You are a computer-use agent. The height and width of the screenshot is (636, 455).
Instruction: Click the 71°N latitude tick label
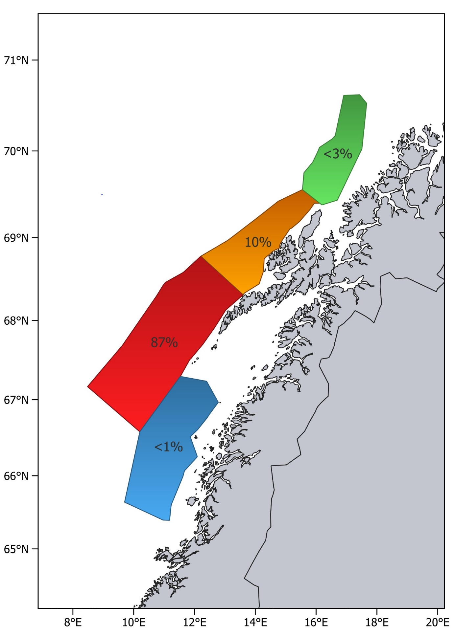16,60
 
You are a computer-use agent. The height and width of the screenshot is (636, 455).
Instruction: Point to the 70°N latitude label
16,151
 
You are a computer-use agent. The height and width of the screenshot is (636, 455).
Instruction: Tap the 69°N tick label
16,238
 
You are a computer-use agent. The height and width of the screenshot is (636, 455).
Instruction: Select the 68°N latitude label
16,320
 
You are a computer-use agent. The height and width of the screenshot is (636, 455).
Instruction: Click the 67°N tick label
16,400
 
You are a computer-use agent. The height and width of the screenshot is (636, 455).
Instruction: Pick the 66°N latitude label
16,476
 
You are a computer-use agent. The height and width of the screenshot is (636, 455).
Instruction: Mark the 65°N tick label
16,549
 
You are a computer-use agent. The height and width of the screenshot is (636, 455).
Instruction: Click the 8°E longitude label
73,622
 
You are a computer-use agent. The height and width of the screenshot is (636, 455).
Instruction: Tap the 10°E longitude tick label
133,622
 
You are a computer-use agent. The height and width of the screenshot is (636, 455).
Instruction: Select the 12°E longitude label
195,622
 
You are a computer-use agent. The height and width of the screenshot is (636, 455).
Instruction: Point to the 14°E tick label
255,622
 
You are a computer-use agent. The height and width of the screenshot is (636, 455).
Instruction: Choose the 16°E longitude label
316,622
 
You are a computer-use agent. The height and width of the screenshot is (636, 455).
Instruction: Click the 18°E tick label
377,622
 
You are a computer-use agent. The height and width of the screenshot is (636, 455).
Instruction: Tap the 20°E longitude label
438,622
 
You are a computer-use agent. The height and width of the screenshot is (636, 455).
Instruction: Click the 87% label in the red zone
164,342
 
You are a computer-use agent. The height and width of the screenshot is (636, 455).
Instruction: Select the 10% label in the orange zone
258,242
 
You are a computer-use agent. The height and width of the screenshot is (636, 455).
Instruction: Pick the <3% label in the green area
338,154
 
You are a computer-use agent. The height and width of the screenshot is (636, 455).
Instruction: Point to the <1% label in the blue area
168,447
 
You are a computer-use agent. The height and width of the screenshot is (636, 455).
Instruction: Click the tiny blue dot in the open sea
102,194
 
